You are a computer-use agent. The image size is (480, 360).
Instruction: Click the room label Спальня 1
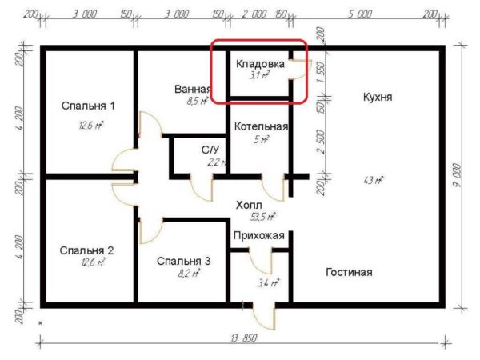(x=88, y=106)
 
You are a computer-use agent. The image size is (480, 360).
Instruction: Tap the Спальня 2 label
(x=86, y=250)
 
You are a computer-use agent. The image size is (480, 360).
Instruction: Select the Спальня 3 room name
(x=184, y=261)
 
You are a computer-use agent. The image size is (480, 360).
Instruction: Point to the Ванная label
(x=193, y=89)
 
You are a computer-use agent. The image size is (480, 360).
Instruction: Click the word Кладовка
(x=260, y=64)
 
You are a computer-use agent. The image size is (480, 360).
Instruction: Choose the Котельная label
(x=261, y=126)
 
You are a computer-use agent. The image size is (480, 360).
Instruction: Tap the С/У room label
(x=210, y=150)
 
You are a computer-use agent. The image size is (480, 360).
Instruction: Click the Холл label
(x=249, y=205)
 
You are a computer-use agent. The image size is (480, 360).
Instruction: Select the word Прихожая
(x=259, y=235)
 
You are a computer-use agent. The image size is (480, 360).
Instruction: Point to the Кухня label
(x=378, y=97)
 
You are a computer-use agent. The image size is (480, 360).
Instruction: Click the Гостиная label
(x=349, y=272)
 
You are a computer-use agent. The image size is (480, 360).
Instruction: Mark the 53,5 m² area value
(x=263, y=217)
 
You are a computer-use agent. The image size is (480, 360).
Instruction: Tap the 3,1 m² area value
(x=259, y=75)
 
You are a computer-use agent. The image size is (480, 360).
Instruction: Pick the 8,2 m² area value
(x=189, y=273)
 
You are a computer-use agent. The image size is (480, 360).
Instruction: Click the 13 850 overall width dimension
(x=244, y=338)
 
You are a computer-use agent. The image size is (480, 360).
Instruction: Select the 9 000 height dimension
(x=457, y=175)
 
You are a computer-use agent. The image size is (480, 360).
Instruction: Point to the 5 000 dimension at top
(x=360, y=14)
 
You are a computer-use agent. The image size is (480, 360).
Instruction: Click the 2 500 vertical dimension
(x=320, y=142)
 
